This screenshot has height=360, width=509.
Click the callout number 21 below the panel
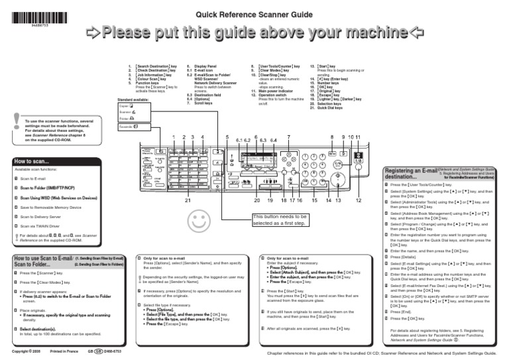tap(188, 200)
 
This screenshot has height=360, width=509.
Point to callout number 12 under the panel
tap(359, 200)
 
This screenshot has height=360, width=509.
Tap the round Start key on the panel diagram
tap(338, 180)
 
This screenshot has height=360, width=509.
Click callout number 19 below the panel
tap(270, 200)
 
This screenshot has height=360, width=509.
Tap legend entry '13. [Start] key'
tap(325, 67)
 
